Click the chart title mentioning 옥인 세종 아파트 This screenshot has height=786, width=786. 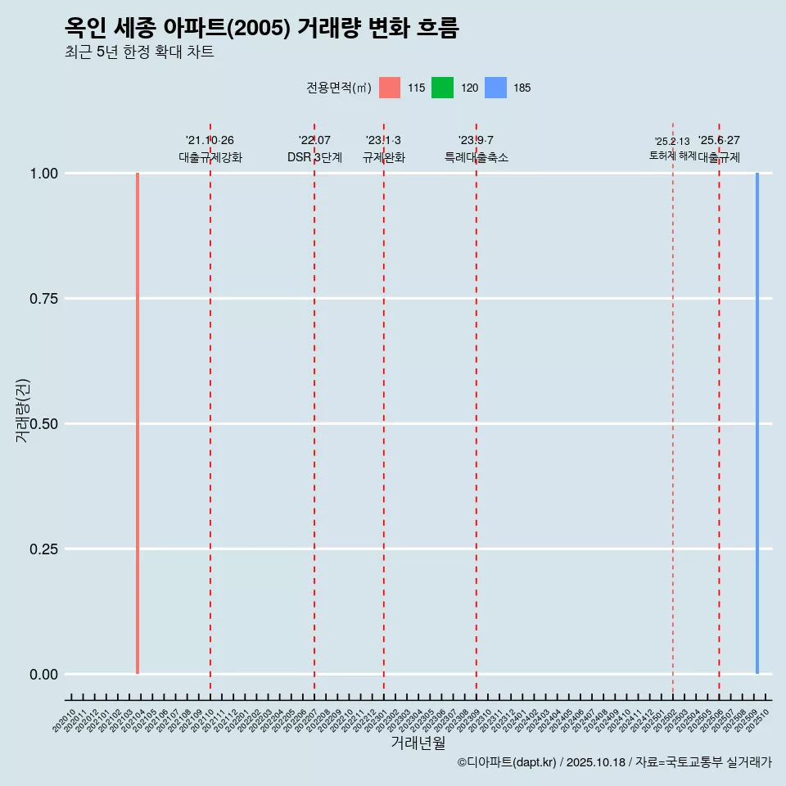[x=262, y=28]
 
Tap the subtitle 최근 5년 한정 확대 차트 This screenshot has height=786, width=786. [x=139, y=52]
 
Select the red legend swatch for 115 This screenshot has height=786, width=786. [x=390, y=88]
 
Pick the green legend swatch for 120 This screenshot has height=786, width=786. [x=442, y=88]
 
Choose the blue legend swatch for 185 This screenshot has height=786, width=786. [x=495, y=88]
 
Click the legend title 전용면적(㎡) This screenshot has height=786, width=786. [x=339, y=88]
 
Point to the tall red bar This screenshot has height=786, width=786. [x=138, y=423]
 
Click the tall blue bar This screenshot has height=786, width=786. [x=757, y=423]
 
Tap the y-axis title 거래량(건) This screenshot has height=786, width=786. [x=22, y=410]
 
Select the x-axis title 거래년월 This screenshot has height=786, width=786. [x=418, y=743]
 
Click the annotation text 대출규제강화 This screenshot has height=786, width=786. [x=210, y=157]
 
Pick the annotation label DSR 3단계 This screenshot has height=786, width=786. [x=314, y=157]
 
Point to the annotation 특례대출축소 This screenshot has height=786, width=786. [x=477, y=157]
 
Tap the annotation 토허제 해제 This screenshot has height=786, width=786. [x=672, y=155]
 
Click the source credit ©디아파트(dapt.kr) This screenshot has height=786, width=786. [x=508, y=762]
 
